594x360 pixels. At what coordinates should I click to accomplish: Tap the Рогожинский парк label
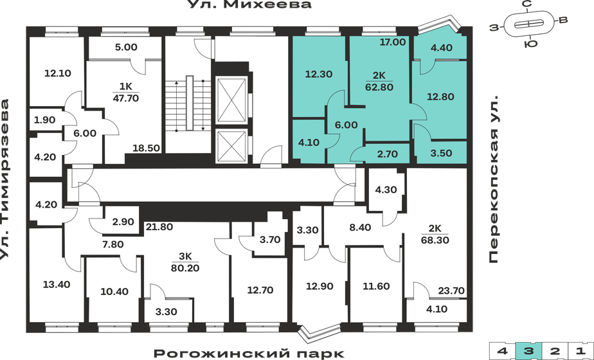coord(249,353)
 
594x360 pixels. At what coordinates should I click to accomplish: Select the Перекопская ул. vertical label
coord(494,181)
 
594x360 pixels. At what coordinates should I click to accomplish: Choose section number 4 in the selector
coord(502,351)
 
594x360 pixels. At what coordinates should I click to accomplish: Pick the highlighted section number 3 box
coord(528,351)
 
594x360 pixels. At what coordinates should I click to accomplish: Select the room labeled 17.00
coord(393,42)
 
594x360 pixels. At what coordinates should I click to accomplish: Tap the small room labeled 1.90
coord(44,120)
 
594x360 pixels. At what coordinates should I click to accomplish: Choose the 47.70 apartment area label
coord(126,98)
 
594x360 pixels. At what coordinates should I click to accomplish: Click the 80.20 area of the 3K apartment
coord(184,268)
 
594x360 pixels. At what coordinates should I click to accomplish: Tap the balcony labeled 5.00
coord(126,47)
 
